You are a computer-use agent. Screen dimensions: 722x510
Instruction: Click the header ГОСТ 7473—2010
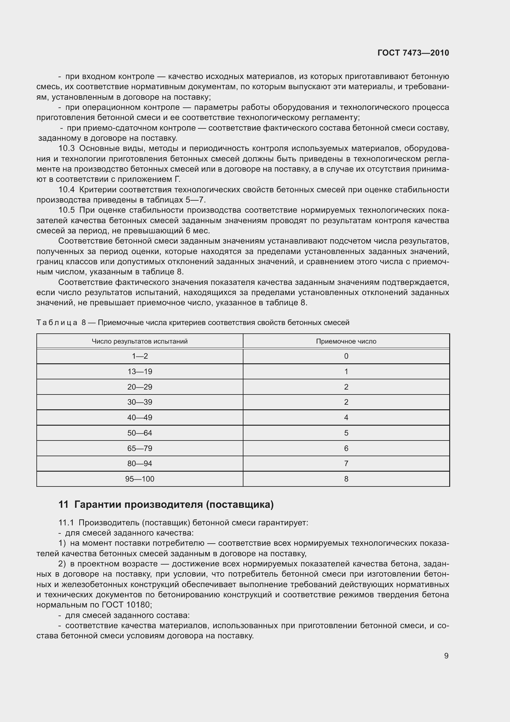point(413,53)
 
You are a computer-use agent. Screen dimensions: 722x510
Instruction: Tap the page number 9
point(446,656)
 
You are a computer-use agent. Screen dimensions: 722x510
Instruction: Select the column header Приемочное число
point(346,341)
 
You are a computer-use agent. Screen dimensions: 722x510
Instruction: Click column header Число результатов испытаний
point(139,341)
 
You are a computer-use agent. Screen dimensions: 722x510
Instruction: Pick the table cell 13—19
point(139,372)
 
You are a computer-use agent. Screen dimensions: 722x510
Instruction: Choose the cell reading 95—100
point(139,479)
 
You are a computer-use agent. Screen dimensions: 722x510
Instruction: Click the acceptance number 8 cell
point(346,479)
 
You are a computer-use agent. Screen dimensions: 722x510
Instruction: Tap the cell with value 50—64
point(139,433)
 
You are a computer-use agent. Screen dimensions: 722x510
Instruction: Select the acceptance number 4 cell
point(346,418)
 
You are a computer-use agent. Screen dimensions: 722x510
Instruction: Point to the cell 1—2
point(139,356)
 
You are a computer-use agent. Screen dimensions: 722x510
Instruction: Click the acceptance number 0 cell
point(346,356)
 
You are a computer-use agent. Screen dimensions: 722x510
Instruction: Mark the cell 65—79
point(139,449)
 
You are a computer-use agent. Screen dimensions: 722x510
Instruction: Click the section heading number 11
point(63,505)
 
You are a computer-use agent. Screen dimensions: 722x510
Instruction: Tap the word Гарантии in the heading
point(98,505)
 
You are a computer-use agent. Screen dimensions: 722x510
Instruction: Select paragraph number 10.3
point(66,148)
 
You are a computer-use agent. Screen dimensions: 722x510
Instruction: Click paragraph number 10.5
point(66,210)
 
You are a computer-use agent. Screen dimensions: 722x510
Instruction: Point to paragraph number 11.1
point(66,523)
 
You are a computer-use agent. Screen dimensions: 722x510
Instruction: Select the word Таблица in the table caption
point(56,323)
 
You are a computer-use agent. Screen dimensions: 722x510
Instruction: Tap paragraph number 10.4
point(66,190)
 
